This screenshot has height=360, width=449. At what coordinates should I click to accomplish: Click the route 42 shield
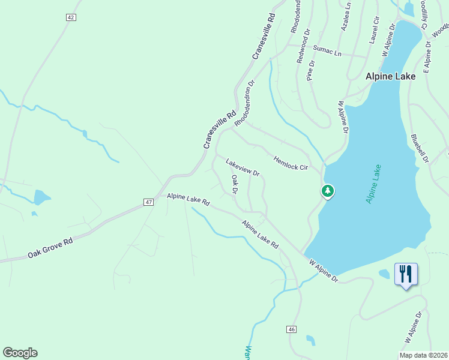tap(71, 17)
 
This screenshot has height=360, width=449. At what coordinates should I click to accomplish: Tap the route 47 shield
tap(149, 203)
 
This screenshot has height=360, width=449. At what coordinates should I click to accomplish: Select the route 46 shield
tap(292, 329)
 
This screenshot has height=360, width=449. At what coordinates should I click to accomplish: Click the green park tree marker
tap(328, 191)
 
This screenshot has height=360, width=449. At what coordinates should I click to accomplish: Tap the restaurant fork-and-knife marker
tap(406, 274)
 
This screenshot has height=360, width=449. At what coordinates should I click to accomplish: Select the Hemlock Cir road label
tap(291, 163)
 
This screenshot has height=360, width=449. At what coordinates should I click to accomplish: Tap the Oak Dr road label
tap(235, 185)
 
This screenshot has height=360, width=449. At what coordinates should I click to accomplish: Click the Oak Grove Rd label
tap(50, 247)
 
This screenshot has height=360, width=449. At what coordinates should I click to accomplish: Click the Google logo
tap(20, 353)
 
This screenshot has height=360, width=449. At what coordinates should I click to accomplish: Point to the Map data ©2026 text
tap(423, 355)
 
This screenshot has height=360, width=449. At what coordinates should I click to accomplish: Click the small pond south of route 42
tap(42, 197)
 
